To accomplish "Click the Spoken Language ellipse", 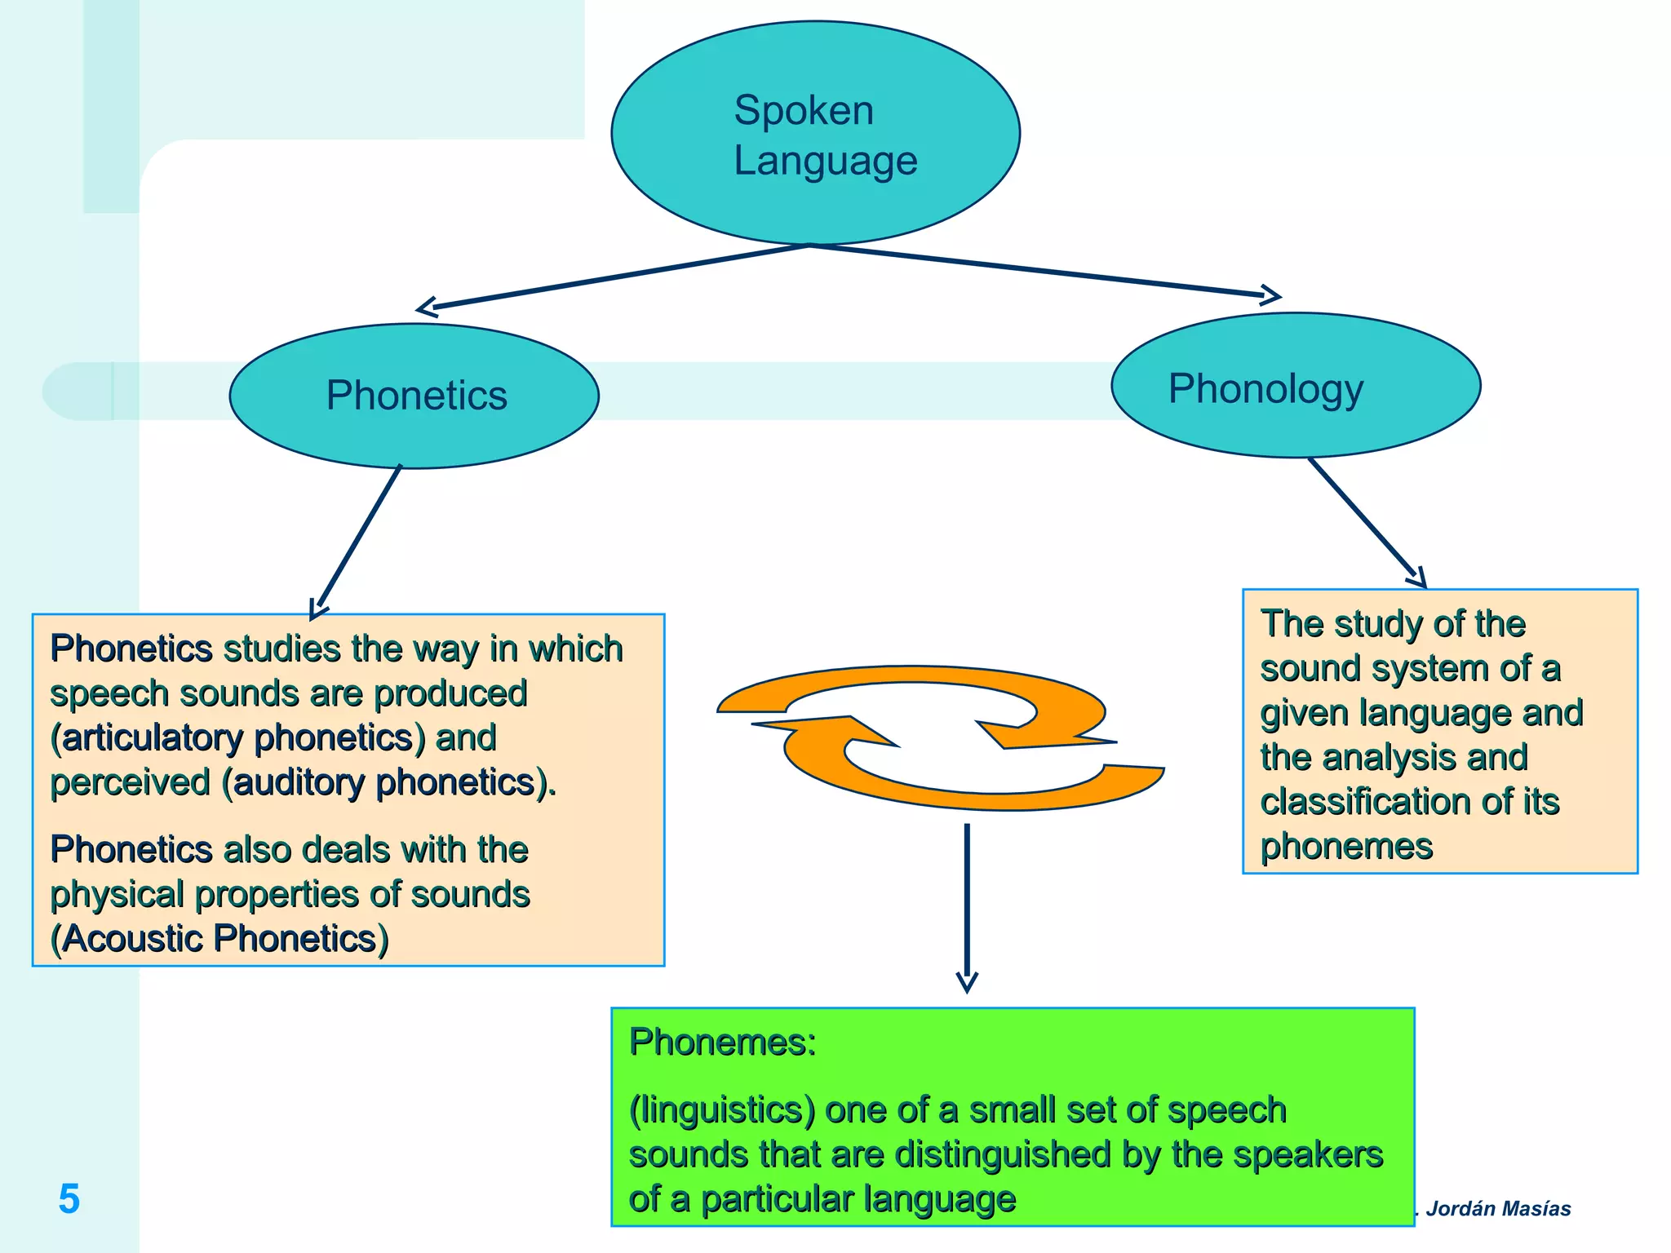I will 815,133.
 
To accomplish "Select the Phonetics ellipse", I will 414,396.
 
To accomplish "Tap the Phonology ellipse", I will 1296,386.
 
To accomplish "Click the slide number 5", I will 69,1199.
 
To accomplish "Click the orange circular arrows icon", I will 938,737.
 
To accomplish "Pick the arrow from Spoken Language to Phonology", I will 1044,270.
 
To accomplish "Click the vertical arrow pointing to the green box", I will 967,905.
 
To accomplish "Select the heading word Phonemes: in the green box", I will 722,1043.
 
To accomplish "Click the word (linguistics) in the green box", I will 722,1110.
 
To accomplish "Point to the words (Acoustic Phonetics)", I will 219,938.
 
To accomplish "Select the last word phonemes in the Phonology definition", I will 1346,846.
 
